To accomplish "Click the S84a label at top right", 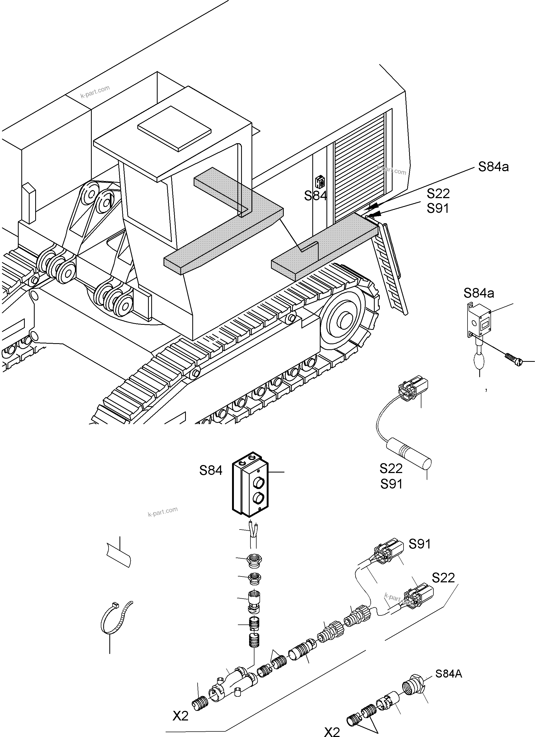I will pos(493,167).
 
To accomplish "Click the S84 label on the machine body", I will pos(315,196).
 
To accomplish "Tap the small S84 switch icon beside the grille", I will pos(320,182).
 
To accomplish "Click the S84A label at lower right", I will pos(449,674).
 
